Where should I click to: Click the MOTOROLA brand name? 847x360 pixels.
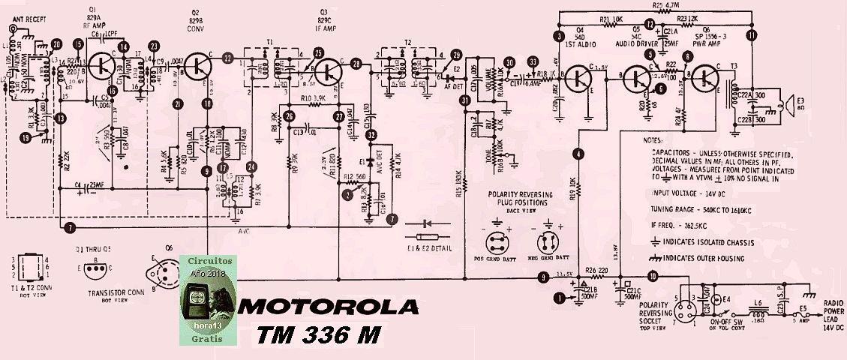pyautogui.click(x=329, y=308)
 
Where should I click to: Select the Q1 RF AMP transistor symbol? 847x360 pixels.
pyautogui.click(x=99, y=66)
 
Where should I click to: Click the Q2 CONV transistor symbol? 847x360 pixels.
pyautogui.click(x=197, y=66)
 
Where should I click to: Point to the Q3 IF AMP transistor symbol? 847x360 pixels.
pyautogui.click(x=329, y=72)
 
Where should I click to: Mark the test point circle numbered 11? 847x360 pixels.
pyautogui.click(x=752, y=35)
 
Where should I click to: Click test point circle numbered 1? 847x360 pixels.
pyautogui.click(x=557, y=298)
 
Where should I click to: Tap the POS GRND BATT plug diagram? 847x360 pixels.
pyautogui.click(x=496, y=244)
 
